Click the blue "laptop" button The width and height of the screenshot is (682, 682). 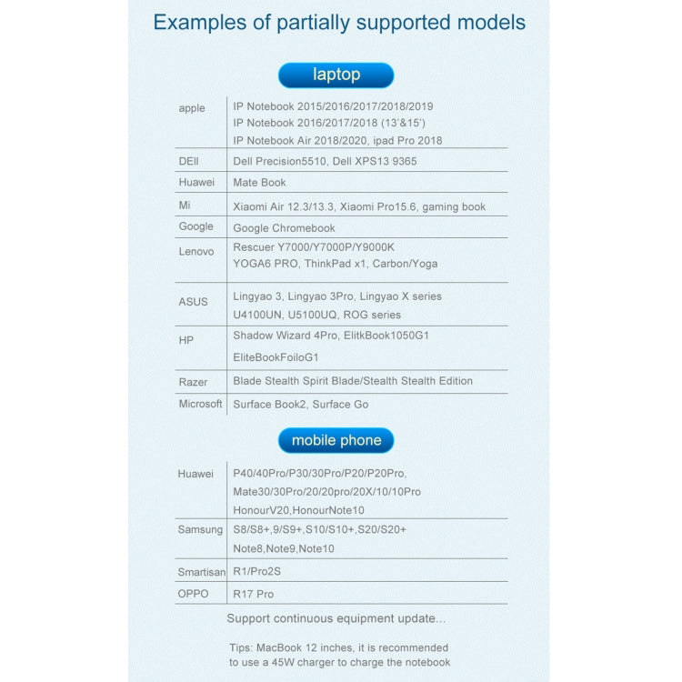(x=336, y=75)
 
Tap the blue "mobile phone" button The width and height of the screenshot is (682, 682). (x=336, y=440)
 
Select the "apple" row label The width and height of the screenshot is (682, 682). (x=192, y=108)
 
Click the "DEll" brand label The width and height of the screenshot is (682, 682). (x=188, y=161)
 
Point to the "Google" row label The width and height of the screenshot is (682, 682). (x=196, y=226)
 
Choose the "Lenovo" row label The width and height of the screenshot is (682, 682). (x=196, y=251)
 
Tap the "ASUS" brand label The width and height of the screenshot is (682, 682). (x=193, y=302)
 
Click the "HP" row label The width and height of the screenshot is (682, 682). (x=186, y=339)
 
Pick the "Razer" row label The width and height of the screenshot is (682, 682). (x=193, y=382)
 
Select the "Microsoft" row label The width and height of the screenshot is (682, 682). (x=201, y=404)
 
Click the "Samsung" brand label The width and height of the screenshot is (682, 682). (x=200, y=529)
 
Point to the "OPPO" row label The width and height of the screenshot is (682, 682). (x=194, y=594)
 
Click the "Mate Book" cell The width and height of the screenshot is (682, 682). (x=259, y=183)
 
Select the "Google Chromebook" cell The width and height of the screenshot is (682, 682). (x=284, y=228)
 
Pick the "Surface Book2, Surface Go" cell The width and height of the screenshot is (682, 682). (x=300, y=405)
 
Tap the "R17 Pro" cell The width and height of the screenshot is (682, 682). (x=253, y=595)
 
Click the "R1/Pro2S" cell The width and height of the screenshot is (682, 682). (x=256, y=572)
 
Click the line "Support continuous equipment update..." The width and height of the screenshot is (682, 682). (x=336, y=619)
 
